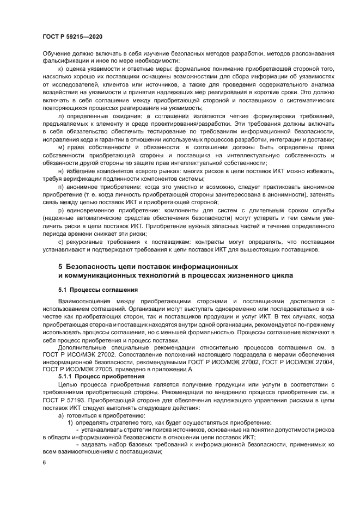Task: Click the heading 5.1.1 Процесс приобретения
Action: point(101,376)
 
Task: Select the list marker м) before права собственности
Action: point(60,148)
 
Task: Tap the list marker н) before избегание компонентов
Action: point(60,171)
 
